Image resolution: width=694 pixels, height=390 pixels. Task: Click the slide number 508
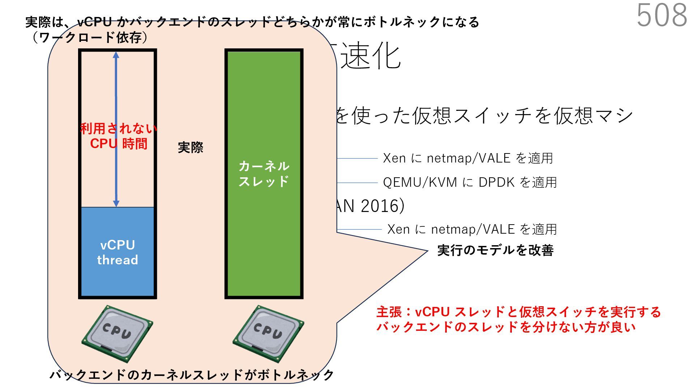[x=661, y=15]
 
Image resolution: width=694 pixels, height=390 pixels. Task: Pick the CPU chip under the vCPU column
[x=117, y=333]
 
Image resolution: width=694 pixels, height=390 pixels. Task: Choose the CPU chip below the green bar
[x=268, y=333]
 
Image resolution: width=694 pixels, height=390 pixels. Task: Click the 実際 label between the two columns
[x=190, y=147]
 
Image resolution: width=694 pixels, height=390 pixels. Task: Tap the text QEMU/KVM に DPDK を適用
[x=470, y=182]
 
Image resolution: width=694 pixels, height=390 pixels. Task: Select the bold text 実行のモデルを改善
[x=495, y=250]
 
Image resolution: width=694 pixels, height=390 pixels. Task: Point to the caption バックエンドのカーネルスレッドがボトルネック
[x=192, y=375]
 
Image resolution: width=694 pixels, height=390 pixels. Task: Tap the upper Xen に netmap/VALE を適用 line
[x=468, y=158]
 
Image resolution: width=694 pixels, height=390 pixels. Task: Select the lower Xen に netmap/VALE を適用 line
[x=472, y=229]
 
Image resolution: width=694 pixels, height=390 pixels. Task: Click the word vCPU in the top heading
[x=95, y=22]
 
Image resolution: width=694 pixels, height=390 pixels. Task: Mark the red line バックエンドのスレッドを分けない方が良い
[x=506, y=327]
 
